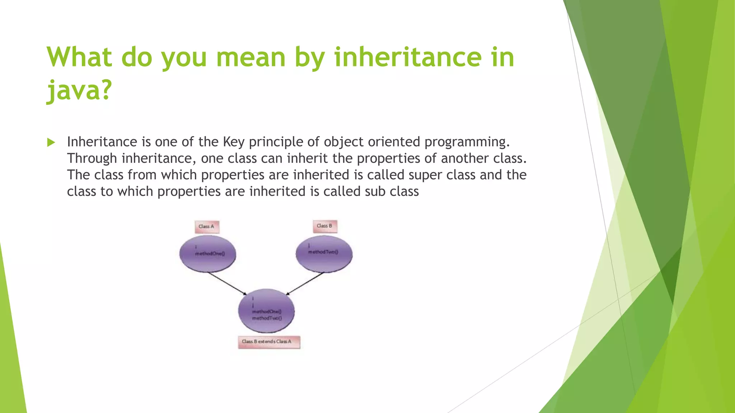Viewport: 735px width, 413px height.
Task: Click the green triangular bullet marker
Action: tap(51, 142)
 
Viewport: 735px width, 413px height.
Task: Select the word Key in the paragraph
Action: tap(234, 142)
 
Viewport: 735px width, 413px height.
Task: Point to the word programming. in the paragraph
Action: tap(467, 142)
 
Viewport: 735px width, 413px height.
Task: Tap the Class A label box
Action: tap(207, 227)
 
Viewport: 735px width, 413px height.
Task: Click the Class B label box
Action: tap(325, 226)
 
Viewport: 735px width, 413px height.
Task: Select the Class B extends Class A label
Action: tap(269, 342)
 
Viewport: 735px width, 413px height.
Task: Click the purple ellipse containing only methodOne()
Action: tap(208, 253)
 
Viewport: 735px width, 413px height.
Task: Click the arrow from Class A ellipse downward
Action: tap(227, 284)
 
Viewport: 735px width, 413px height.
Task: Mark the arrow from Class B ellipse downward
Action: tap(305, 283)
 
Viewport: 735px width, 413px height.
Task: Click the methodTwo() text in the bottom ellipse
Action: tap(267, 318)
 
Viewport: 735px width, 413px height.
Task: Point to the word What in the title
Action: tap(79, 57)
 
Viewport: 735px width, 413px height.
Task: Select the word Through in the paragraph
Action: tap(92, 158)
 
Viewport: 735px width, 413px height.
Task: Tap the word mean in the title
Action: tap(251, 57)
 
